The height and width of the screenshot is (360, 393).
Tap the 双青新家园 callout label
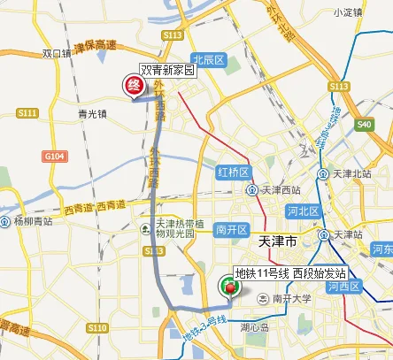pos(166,69)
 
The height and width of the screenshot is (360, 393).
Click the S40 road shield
pos(364,125)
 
